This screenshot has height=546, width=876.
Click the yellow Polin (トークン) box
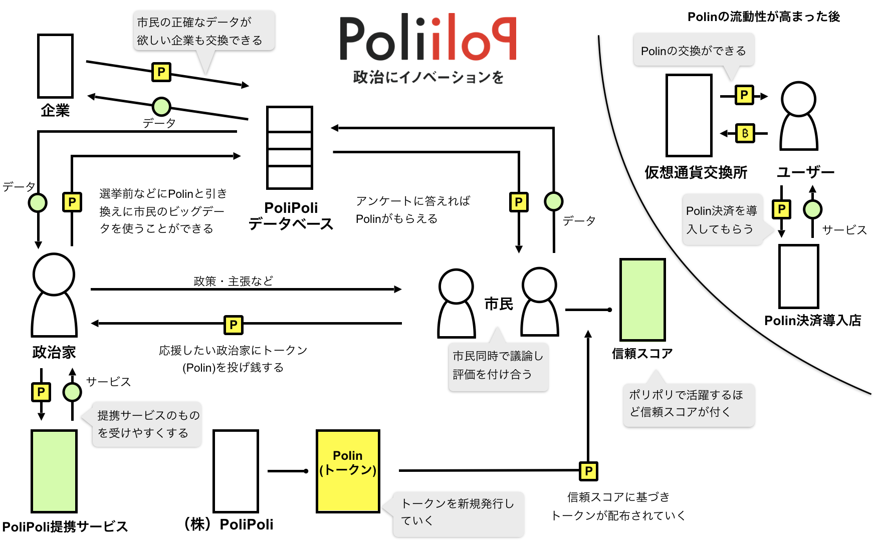348,471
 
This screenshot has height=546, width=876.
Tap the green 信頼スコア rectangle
642,300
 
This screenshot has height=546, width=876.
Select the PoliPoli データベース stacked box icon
290,148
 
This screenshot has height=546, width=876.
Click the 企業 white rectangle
55,66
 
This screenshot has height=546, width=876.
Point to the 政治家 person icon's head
54,275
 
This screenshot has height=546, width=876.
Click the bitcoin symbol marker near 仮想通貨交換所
745,133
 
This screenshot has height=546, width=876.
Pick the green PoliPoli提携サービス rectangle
54,471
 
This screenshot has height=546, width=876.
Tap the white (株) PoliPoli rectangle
236,471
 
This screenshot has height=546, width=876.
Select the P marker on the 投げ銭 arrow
234,325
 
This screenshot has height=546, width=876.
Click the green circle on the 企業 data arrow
161,106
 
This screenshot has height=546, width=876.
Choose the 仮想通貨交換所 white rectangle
689,115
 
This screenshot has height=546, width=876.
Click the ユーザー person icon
799,116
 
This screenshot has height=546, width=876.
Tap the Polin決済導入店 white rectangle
798,277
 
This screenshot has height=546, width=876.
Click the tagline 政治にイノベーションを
428,77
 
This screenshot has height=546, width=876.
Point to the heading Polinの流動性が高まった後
763,17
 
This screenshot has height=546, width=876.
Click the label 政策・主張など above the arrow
234,281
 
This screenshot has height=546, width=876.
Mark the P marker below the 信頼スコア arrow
588,471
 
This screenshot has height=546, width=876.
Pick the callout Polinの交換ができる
694,51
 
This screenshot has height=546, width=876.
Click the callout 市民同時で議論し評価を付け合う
498,365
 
